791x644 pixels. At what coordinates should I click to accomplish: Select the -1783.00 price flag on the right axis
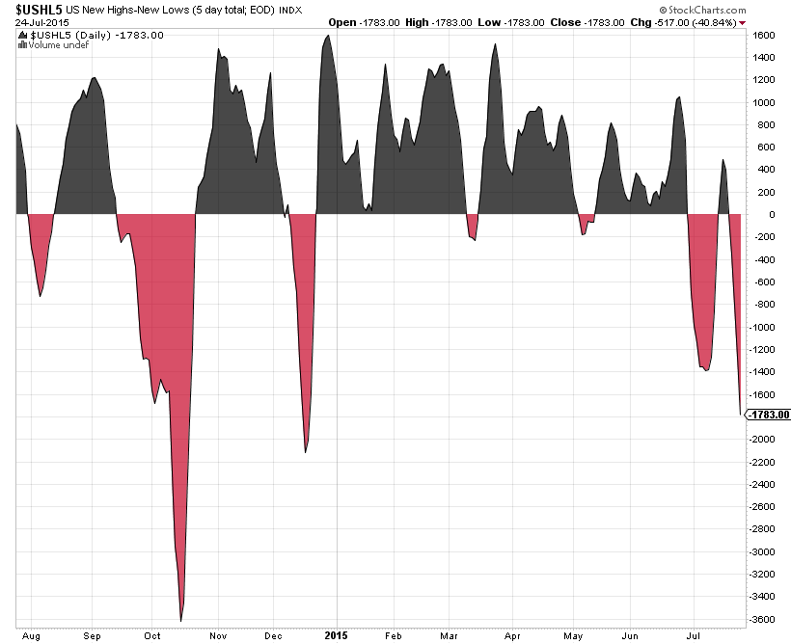[769, 416]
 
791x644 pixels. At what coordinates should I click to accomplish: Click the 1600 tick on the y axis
[765, 35]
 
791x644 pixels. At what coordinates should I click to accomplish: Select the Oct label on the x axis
[153, 636]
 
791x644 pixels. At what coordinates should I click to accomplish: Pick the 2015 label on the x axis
[336, 636]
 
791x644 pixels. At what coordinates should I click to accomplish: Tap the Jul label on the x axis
[693, 636]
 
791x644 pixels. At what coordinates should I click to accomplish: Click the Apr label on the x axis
[512, 636]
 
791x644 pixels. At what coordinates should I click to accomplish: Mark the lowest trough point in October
[181, 620]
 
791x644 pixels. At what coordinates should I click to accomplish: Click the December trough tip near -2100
[306, 451]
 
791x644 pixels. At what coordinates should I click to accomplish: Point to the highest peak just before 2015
[329, 36]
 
